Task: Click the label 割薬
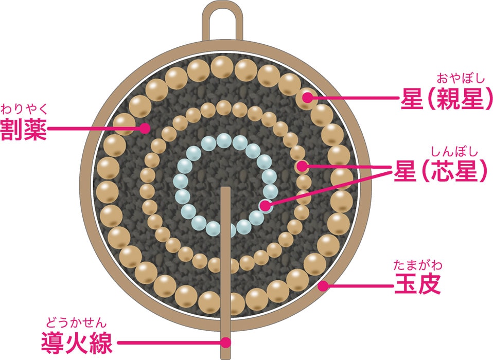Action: [24, 129]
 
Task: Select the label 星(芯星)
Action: [441, 172]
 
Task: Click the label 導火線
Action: [77, 343]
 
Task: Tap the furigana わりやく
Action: [24, 110]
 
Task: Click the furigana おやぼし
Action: [460, 78]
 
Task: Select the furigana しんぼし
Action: [454, 152]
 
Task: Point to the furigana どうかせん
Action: [77, 322]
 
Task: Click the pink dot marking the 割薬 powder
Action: [145, 128]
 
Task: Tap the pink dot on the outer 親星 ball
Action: [308, 98]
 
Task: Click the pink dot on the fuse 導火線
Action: [225, 343]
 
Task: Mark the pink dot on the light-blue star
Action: [266, 206]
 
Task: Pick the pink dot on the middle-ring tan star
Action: [303, 166]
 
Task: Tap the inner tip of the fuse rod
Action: [225, 188]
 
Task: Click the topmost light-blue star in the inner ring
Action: [224, 141]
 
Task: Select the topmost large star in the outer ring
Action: [222, 67]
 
